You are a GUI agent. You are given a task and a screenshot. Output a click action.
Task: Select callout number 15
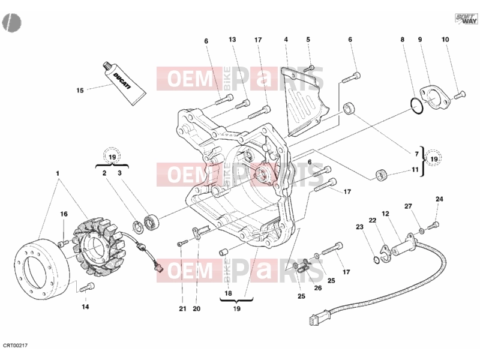click(80, 91)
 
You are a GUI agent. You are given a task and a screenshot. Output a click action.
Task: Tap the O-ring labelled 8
click(416, 106)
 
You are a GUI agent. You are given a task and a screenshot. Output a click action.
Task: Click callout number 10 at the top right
click(445, 40)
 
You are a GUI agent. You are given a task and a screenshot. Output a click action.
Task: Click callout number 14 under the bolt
click(85, 307)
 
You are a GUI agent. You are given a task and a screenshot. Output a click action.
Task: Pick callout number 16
click(64, 214)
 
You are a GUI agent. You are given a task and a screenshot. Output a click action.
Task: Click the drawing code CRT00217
click(16, 346)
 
